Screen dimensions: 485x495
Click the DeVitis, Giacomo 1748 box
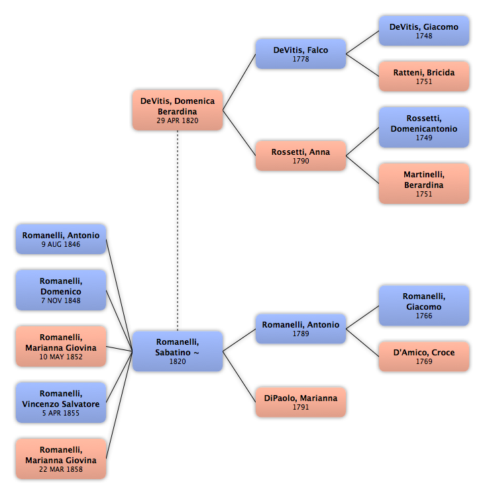(423, 31)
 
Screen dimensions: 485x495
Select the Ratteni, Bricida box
(423, 76)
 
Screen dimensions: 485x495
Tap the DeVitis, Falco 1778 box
(301, 54)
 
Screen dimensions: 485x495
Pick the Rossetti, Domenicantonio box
(423, 127)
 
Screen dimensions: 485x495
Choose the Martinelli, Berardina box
(423, 183)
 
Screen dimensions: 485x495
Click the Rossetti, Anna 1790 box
(301, 156)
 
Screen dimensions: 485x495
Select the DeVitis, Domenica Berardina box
(178, 110)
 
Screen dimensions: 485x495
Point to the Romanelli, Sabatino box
(178, 351)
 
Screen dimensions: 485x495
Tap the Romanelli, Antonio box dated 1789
(301, 329)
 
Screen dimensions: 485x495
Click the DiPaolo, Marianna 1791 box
(301, 402)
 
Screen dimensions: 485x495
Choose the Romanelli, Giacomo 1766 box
(423, 306)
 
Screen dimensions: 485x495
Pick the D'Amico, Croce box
(423, 357)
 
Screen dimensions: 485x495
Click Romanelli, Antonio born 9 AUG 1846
(61, 240)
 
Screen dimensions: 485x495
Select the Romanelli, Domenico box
(61, 290)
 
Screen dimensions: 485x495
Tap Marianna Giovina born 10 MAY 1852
(61, 346)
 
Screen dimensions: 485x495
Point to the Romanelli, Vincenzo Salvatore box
(61, 402)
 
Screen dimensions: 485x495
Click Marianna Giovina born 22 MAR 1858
(61, 459)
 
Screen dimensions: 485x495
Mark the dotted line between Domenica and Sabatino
(178, 231)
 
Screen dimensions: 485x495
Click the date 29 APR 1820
(178, 120)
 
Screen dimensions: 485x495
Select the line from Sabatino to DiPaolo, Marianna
(239, 377)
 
